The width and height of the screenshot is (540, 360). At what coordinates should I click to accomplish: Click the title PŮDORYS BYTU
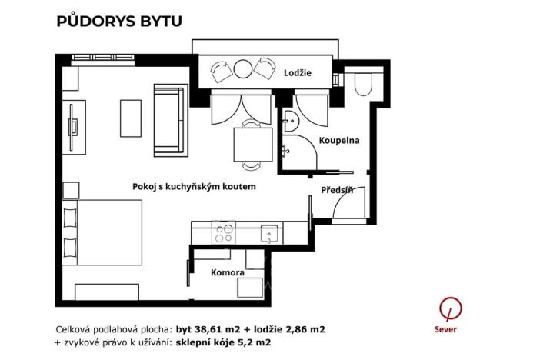coord(119,21)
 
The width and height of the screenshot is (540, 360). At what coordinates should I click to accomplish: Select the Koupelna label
coord(340,141)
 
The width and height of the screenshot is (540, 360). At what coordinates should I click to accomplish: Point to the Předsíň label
coord(337,190)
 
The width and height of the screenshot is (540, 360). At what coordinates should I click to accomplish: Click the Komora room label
coord(228,272)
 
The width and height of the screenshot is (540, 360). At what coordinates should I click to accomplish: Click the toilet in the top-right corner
coord(362,82)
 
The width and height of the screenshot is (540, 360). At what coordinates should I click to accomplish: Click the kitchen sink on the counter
coord(269,231)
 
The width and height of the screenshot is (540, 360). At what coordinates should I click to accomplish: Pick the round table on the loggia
coord(243,70)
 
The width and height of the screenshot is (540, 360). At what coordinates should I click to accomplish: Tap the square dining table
coord(252,144)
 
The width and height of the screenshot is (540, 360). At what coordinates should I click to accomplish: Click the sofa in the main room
coord(169,119)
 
